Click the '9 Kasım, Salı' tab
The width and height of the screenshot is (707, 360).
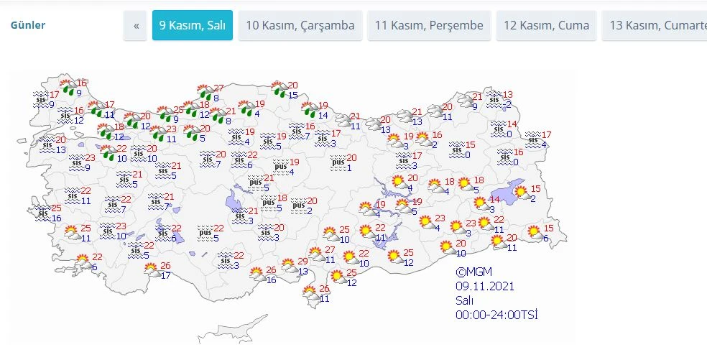192,25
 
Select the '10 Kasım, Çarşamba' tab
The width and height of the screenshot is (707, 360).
300,25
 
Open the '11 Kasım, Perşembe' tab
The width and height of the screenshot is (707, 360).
429,25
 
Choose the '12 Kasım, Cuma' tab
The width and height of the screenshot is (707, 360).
546,25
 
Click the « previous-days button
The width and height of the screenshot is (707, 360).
135,25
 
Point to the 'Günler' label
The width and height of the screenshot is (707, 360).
28,25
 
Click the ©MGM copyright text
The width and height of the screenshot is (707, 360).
472,272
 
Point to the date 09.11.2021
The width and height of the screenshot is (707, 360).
485,286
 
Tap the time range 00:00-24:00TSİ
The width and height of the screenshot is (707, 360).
496,314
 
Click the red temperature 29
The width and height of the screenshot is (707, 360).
302,262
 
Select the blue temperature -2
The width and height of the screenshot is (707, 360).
507,105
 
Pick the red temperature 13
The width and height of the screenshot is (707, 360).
507,95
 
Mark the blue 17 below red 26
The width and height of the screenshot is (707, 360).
166,275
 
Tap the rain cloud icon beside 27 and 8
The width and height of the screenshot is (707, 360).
204,92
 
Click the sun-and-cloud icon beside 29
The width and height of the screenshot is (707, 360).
289,266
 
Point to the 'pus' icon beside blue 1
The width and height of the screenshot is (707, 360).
338,163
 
